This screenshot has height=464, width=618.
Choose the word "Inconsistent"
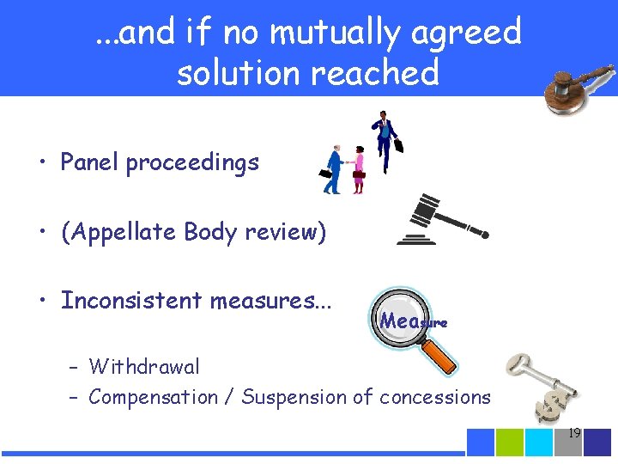click(130, 301)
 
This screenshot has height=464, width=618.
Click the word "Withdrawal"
click(144, 367)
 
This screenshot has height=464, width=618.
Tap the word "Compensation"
click(153, 398)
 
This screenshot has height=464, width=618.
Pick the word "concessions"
click(435, 398)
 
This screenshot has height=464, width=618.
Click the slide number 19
click(574, 434)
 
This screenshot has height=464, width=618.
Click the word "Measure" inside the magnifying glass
click(413, 321)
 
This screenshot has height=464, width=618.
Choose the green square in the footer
click(510, 443)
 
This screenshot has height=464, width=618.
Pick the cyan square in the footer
click(539, 443)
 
